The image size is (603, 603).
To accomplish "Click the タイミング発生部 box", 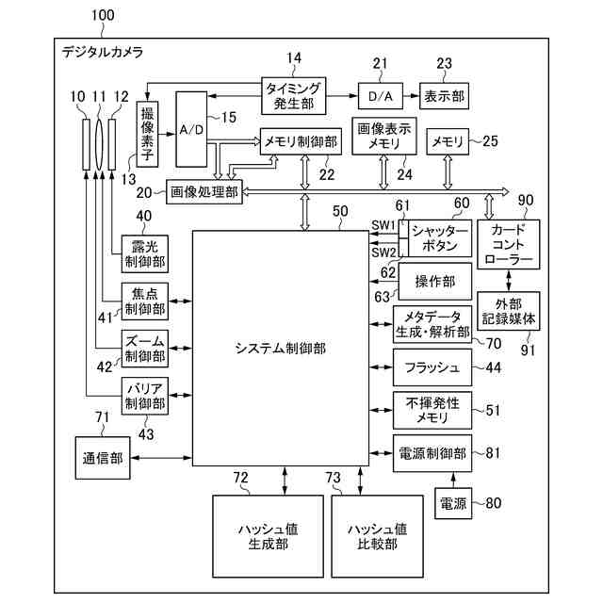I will [293, 94].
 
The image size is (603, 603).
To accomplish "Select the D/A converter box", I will [380, 95].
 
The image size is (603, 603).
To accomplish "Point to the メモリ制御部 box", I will [300, 142].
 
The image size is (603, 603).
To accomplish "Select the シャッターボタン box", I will [440, 238].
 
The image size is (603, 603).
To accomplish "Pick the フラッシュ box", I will [432, 367].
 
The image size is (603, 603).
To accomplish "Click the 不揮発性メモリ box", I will [432, 410].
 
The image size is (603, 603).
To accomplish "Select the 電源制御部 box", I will [432, 453].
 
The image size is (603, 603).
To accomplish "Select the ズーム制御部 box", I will [144, 348].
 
